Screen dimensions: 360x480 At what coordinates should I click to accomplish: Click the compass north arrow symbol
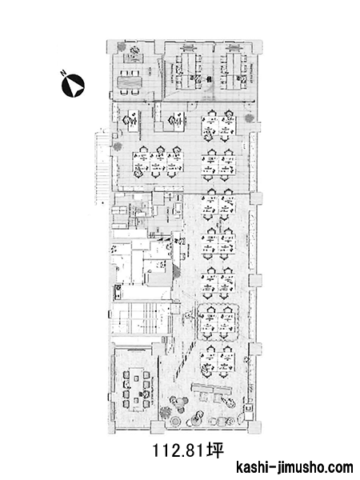point(73,86)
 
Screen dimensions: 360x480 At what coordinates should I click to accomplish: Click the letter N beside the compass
point(63,73)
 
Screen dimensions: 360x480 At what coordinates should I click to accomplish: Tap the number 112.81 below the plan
point(178,450)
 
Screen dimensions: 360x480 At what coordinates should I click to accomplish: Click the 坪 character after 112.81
point(214,450)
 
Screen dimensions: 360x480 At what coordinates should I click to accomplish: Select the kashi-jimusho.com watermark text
point(294,468)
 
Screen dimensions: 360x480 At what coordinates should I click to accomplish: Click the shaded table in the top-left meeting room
point(130,82)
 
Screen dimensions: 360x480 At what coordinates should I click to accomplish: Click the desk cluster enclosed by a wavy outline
point(218,322)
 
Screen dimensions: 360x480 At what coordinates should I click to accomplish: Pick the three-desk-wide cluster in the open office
point(158,162)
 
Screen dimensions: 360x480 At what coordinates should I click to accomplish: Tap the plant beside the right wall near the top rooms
point(249,118)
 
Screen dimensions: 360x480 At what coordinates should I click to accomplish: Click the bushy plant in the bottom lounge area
point(166,412)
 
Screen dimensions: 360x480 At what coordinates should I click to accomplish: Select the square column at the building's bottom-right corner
point(254,427)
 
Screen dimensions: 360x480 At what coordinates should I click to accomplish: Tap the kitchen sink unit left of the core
point(118,292)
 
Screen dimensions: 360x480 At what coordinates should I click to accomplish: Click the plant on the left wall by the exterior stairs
point(117,146)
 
